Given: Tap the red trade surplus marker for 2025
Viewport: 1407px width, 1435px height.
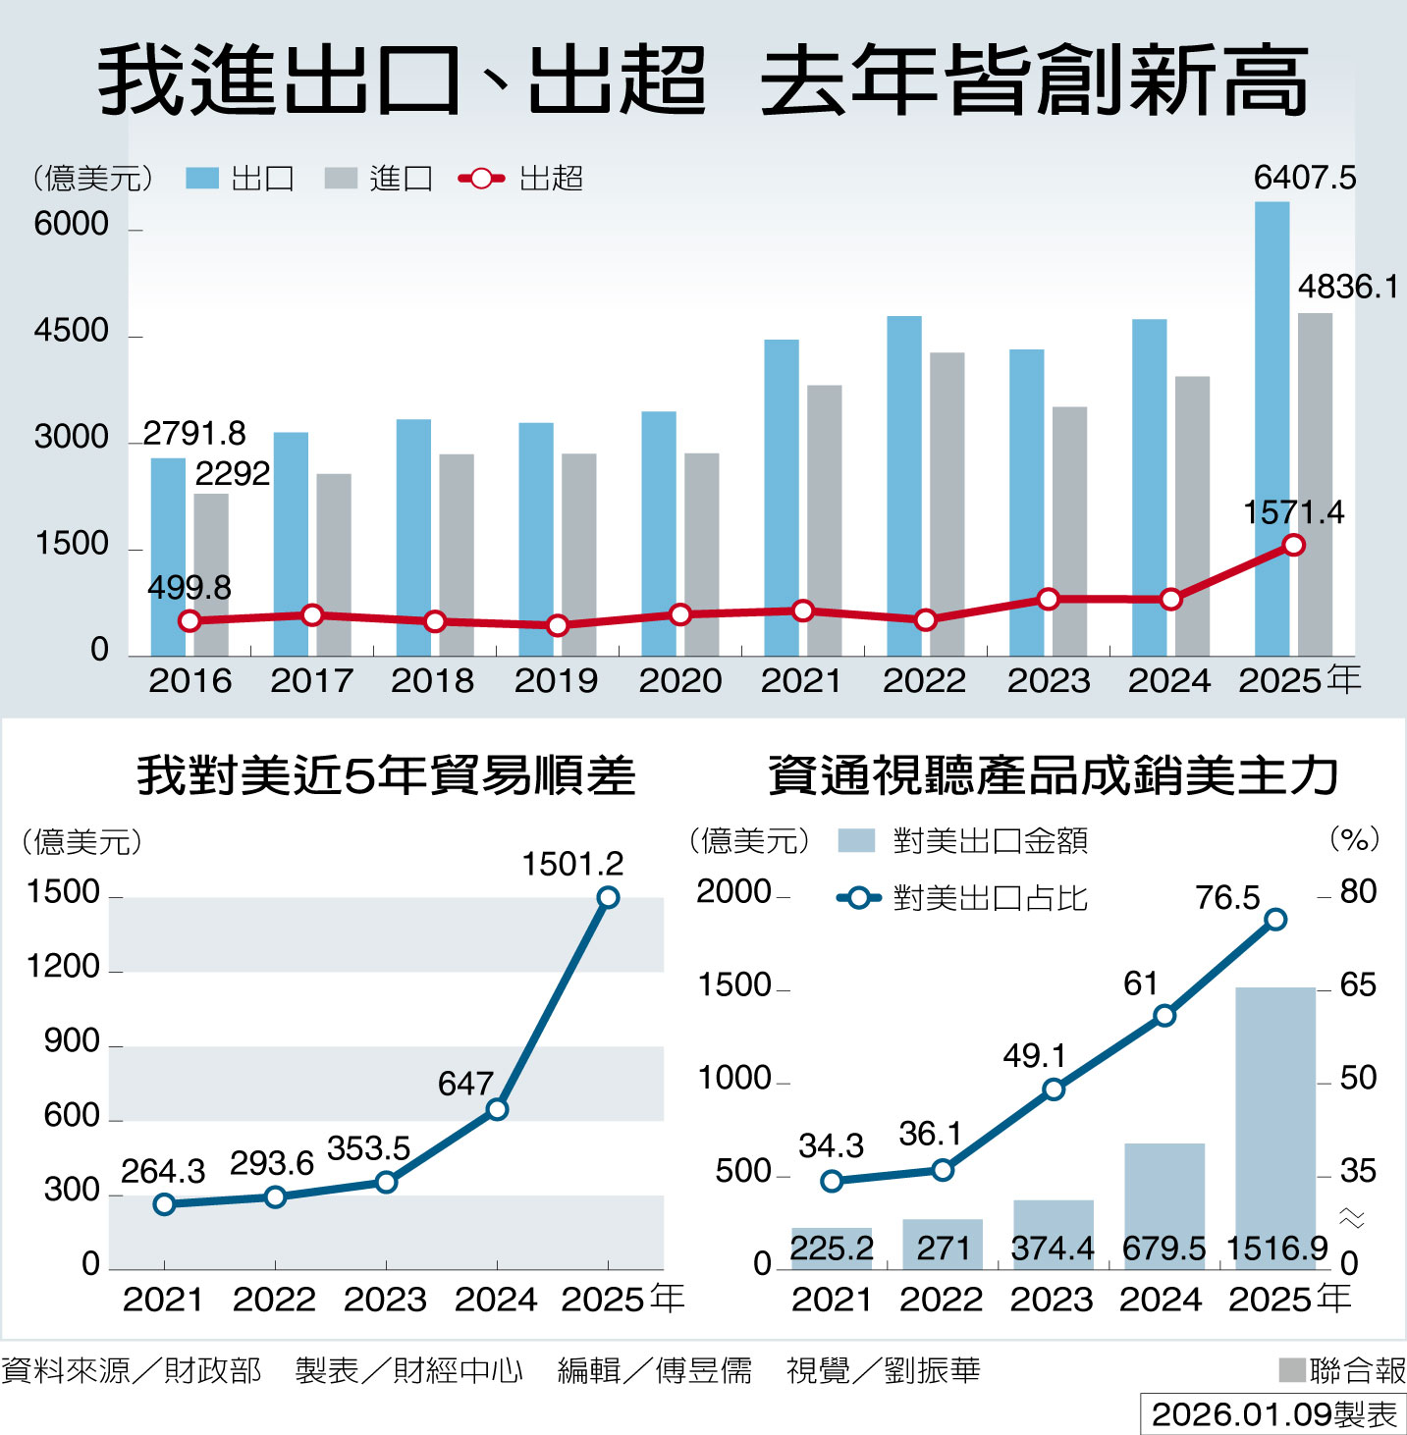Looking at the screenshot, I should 1294,545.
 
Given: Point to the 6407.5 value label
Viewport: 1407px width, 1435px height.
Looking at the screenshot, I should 1304,178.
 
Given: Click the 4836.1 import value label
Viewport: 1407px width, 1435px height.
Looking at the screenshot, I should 1347,287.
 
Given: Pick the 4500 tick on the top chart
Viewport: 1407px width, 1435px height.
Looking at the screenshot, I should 71,331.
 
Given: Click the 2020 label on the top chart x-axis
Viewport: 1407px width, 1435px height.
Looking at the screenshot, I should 679,680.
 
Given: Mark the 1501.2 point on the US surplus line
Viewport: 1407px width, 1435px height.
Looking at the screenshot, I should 608,897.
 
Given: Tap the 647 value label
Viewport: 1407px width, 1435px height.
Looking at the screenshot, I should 465,1084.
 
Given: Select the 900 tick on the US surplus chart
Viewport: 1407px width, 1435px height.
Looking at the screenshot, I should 72,1041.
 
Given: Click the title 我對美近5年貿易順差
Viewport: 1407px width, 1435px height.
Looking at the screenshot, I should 386,775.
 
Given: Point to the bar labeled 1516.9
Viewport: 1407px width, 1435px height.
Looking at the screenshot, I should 1274,1129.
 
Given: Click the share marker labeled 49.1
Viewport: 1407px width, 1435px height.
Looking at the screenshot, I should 1054,1090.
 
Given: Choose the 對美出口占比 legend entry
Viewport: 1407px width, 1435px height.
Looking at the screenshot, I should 962,898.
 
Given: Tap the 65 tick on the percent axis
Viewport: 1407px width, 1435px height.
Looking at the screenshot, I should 1358,984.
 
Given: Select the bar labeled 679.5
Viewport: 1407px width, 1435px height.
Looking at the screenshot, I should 1164,1206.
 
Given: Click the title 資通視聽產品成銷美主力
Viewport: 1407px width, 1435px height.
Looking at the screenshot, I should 1053,775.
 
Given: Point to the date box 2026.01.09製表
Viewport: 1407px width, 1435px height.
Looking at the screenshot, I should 1273,1414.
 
